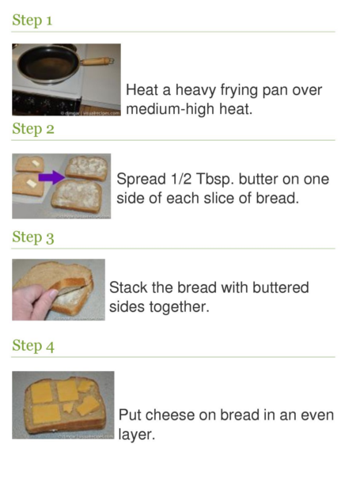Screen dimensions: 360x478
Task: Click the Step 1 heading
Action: (x=32, y=21)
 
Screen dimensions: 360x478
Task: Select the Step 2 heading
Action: (x=33, y=129)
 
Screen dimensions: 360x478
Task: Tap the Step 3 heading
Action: (x=33, y=237)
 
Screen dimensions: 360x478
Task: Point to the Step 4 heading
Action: (x=33, y=346)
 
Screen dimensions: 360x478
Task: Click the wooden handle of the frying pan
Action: (x=97, y=61)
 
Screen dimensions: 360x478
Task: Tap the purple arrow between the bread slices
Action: (x=51, y=177)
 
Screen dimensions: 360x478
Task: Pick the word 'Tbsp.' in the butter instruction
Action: (x=215, y=180)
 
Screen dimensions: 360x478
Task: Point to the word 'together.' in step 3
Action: (x=180, y=308)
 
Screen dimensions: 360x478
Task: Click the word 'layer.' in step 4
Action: (x=137, y=435)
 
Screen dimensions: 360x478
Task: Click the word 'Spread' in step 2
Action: (x=142, y=180)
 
